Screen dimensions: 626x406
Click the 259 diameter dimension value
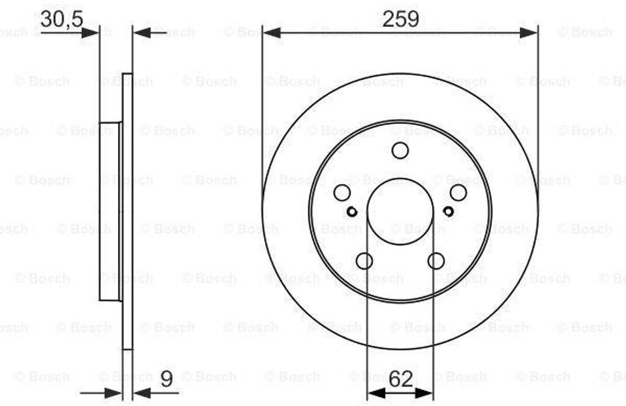tap(400, 18)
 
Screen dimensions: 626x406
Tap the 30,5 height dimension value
tap(62, 19)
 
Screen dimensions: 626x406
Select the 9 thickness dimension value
tap(166, 378)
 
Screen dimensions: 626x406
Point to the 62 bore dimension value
tap(400, 379)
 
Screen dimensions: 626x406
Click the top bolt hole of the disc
tap(400, 150)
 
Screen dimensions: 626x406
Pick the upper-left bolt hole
tap(342, 193)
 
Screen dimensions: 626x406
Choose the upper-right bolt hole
tap(458, 193)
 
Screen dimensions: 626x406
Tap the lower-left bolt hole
tap(364, 261)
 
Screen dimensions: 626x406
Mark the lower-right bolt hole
tap(436, 261)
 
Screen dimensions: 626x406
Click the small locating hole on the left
tap(352, 212)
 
